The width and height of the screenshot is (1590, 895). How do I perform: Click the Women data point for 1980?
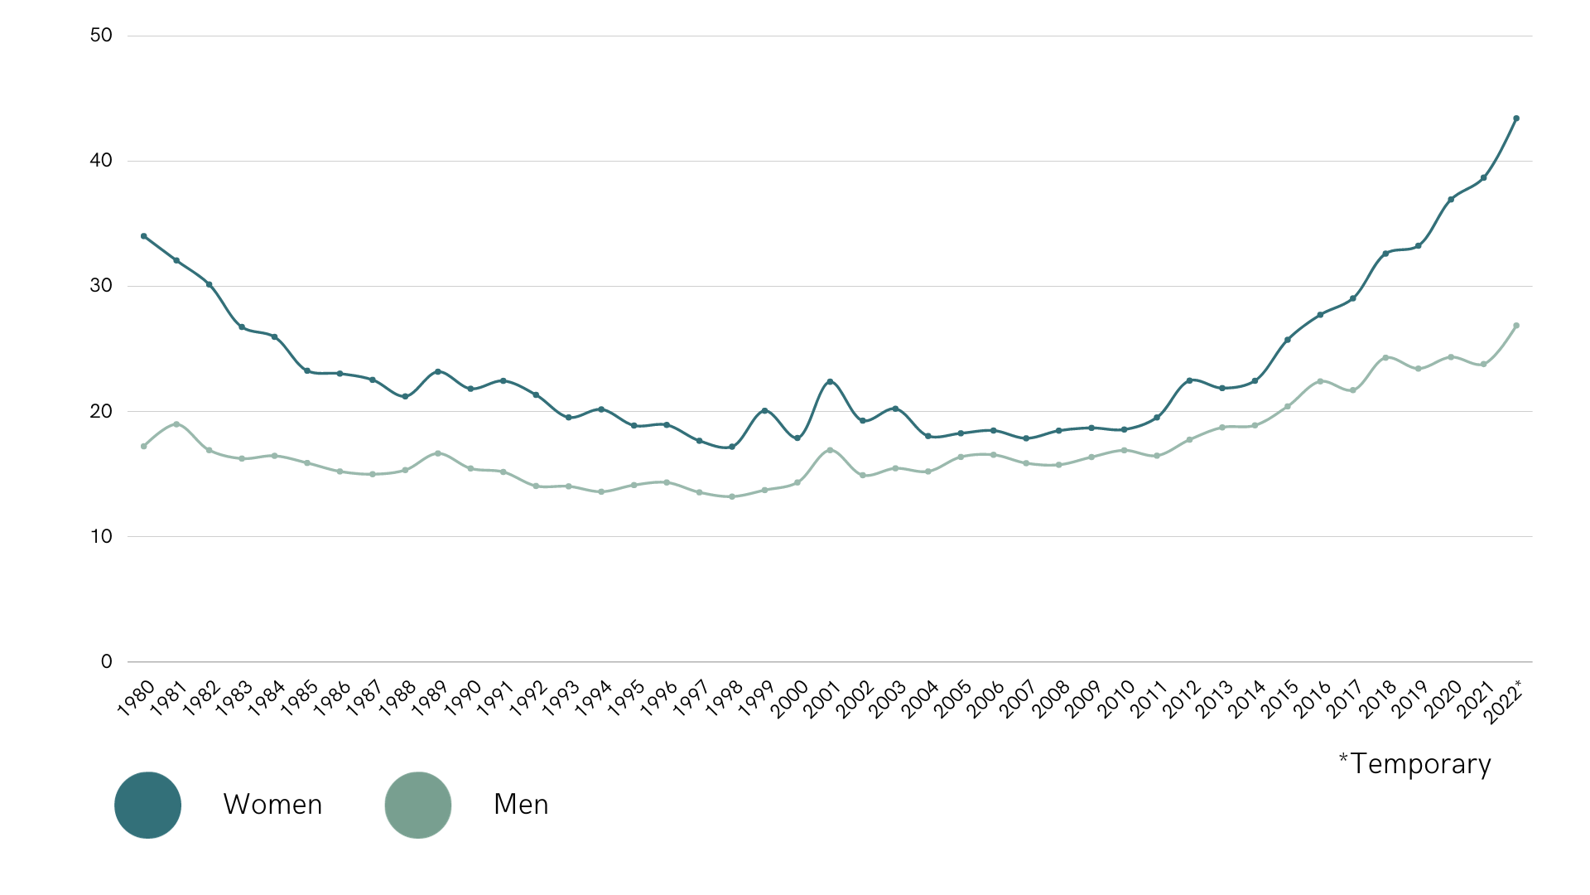coord(144,236)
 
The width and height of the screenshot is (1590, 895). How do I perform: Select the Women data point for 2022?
coord(1516,119)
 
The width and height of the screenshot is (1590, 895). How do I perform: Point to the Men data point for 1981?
coord(176,424)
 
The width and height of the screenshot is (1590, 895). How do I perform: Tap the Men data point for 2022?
coord(1516,326)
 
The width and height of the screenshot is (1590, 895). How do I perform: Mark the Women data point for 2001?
coord(830,381)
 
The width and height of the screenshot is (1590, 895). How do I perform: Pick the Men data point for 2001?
coord(830,450)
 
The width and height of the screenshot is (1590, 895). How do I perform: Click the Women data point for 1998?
coord(732,447)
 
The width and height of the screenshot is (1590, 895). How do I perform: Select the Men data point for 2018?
coord(1385,357)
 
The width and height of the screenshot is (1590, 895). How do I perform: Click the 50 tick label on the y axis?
coord(101,36)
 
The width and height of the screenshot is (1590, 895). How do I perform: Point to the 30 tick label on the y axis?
coord(101,286)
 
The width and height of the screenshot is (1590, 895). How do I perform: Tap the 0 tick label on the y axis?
coord(106,661)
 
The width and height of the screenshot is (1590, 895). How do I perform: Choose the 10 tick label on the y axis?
coord(101,536)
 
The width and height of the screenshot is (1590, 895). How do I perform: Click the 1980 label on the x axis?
coord(136,698)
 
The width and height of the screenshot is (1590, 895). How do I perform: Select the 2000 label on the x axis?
coord(789,699)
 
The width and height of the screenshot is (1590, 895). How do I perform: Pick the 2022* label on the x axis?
coord(1502,703)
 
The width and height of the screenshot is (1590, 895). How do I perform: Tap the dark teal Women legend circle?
coord(147,805)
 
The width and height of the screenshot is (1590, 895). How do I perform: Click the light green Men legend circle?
coord(418,805)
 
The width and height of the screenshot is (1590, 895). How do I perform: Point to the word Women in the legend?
coord(272,805)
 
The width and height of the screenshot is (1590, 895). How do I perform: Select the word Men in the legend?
coord(521,805)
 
